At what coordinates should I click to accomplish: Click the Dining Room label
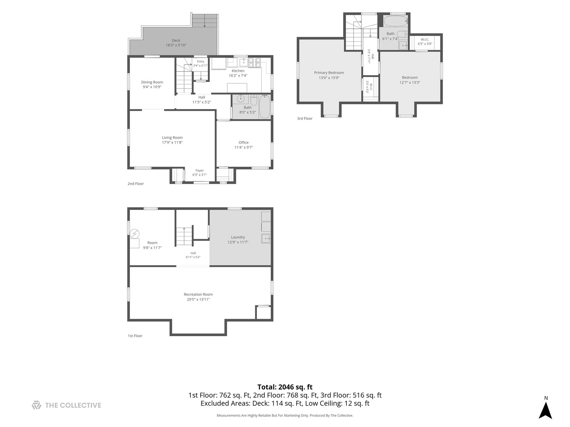coord(152,82)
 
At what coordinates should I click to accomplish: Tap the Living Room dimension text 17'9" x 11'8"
coord(172,142)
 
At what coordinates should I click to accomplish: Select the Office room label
coord(243,142)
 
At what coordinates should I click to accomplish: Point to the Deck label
coord(176,40)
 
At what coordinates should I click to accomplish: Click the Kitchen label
coord(238,71)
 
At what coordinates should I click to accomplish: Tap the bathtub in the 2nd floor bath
coord(264,107)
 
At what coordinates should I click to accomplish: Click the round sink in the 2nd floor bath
coord(241,98)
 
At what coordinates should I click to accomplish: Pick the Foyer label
coord(199,170)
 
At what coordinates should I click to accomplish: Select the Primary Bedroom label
coord(329,73)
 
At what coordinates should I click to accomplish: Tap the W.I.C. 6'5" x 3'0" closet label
coord(425,42)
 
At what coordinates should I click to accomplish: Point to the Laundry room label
coord(238,237)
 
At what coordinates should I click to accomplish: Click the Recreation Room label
coord(198,294)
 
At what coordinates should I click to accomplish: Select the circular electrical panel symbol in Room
coord(135,234)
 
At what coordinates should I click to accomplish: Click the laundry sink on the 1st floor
coord(266,238)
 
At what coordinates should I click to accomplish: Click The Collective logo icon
coord(36,405)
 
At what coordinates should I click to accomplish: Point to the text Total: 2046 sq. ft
coord(285,387)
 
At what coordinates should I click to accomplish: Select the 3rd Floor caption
coord(305,119)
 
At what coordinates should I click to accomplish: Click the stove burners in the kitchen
coord(255,63)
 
